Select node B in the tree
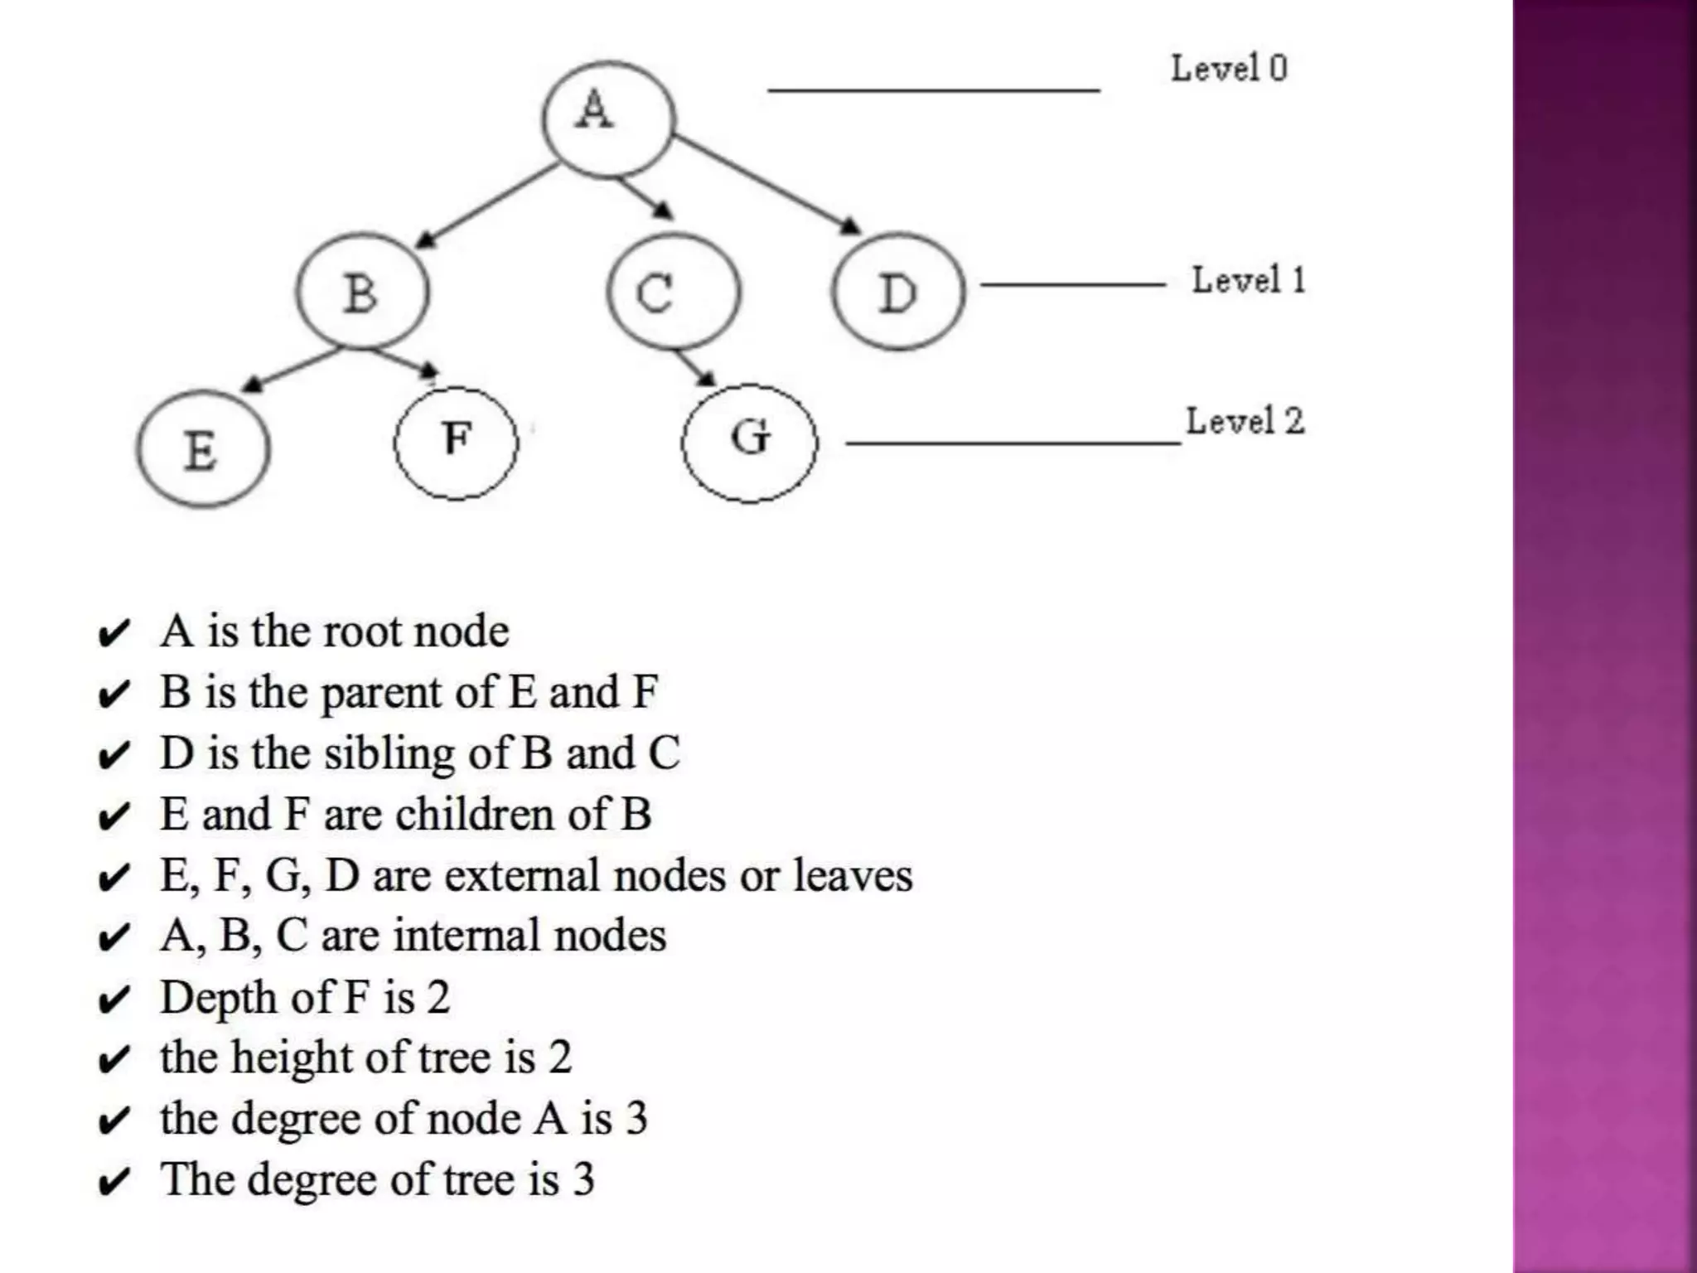(x=363, y=291)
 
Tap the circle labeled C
(x=673, y=292)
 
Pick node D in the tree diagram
(x=898, y=292)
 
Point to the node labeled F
(x=456, y=443)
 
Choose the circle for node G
(x=749, y=443)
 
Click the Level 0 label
(x=1229, y=68)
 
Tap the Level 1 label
(x=1248, y=280)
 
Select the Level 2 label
(x=1245, y=421)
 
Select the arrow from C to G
(x=694, y=367)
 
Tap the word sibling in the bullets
(x=389, y=754)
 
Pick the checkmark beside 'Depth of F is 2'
(x=114, y=1000)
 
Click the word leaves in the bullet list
(x=853, y=875)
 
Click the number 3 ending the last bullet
(x=584, y=1179)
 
